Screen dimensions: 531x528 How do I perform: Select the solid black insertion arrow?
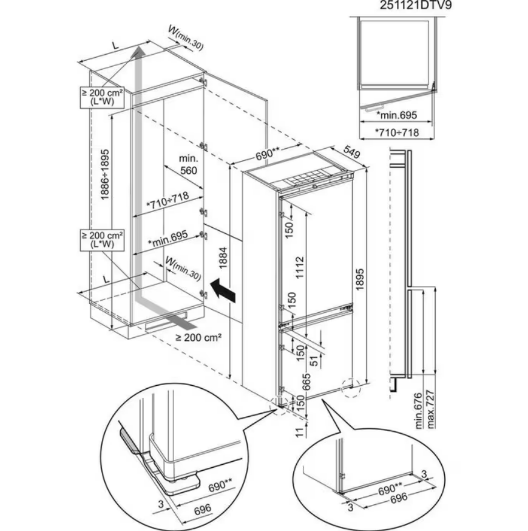point(222,290)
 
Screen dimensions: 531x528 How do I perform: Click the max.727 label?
point(432,408)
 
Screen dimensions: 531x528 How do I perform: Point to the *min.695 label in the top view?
point(397,115)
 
